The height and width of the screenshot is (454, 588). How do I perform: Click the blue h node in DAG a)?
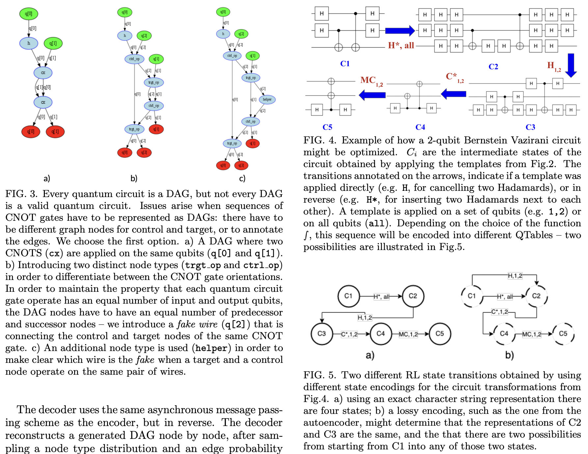(x=29, y=43)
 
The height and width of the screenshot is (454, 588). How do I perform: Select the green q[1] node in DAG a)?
(x=53, y=43)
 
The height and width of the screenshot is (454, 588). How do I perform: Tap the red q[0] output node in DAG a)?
(x=31, y=132)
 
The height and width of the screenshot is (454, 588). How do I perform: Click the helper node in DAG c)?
(x=267, y=99)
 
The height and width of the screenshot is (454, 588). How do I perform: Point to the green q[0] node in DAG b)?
(x=125, y=13)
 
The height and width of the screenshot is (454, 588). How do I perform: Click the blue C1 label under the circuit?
(x=345, y=63)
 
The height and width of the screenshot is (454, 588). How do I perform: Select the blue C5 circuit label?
(x=327, y=127)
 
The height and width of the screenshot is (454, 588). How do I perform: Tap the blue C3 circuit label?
(x=530, y=127)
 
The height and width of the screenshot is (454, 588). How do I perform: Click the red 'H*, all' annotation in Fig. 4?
(x=401, y=45)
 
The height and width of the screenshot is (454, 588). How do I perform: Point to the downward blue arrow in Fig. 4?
(x=571, y=65)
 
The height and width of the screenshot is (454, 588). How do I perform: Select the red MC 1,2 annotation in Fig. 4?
(x=371, y=81)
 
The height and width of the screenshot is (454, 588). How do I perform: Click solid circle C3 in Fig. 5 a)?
(x=322, y=334)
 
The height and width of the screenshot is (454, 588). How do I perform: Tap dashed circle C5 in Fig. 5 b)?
(x=563, y=334)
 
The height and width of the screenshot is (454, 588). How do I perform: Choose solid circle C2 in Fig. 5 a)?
(x=413, y=296)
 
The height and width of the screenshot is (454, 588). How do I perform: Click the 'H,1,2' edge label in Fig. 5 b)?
(x=515, y=276)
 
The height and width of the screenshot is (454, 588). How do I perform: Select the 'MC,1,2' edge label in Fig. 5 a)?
(x=408, y=334)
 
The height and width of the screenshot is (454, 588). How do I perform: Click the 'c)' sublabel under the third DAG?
(x=242, y=178)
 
